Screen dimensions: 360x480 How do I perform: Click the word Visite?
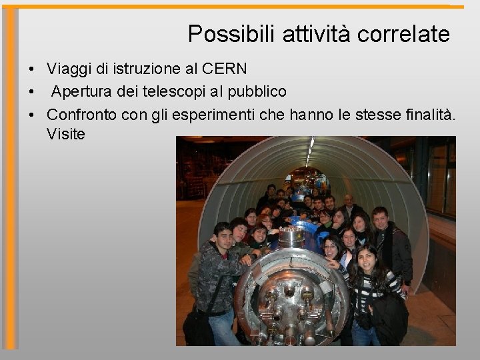pyautogui.click(x=66, y=134)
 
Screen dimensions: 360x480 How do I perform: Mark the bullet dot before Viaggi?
pyautogui.click(x=31, y=69)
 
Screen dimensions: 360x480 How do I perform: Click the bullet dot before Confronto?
pyautogui.click(x=31, y=115)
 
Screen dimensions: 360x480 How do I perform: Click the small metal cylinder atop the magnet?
pyautogui.click(x=291, y=237)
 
